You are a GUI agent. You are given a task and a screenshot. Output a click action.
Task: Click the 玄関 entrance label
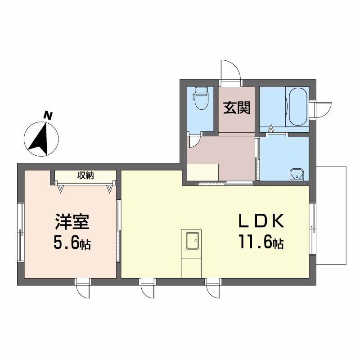pyautogui.click(x=237, y=108)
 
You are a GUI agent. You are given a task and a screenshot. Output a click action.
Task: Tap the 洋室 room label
pyautogui.click(x=72, y=222)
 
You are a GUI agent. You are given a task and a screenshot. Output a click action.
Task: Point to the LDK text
pyautogui.click(x=261, y=220)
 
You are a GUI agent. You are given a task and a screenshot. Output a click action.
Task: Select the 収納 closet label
pyautogui.click(x=85, y=175)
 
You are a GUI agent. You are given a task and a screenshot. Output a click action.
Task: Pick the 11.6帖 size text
pyautogui.click(x=261, y=242)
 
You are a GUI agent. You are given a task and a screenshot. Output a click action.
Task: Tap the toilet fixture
pyautogui.click(x=201, y=98)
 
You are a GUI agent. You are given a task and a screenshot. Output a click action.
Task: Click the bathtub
pyautogui.click(x=297, y=106)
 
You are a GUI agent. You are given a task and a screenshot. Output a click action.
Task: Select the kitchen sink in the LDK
pyautogui.click(x=193, y=241)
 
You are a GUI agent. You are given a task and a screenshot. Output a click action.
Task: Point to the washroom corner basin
pyautogui.click(x=297, y=175)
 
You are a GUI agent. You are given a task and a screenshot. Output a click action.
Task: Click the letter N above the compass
pyautogui.click(x=48, y=116)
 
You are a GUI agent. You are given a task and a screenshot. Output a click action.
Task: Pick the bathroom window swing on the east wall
pyautogui.click(x=324, y=110)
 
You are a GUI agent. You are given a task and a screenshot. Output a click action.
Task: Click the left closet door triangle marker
pyautogui.click(x=61, y=188)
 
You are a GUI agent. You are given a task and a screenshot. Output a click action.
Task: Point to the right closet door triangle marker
pyautogui.click(x=110, y=188)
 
